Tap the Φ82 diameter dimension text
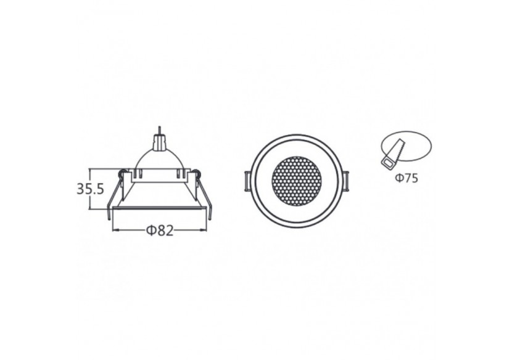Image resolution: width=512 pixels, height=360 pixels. pos(160,231)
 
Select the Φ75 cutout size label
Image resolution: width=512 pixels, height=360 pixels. pos(407,179)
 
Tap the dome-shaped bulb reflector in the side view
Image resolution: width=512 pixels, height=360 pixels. pos(160,161)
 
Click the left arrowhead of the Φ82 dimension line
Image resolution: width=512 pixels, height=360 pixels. pos(114,231)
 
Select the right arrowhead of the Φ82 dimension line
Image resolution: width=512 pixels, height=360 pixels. pos(205,231)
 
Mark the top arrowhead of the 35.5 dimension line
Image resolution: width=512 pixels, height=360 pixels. pos(90,170)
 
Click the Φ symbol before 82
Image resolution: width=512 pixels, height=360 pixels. pos(150,231)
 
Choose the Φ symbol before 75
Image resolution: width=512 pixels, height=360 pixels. pos(400,179)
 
